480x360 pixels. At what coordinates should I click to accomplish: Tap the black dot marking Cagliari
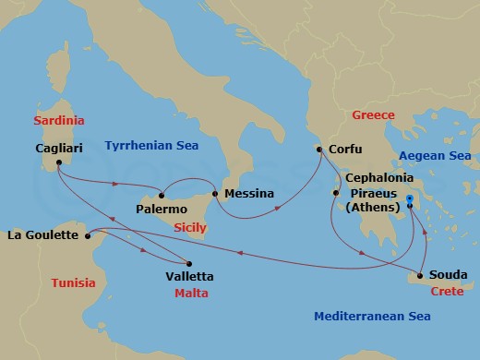point(58,163)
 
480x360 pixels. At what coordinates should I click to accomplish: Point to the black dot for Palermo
point(162,194)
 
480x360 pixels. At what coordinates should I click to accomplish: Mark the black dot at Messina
point(215,194)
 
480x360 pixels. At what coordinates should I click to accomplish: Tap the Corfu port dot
point(319,149)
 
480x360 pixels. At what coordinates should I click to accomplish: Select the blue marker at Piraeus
point(410,198)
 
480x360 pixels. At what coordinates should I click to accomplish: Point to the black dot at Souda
point(421,275)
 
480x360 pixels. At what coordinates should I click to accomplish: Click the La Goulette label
point(42,235)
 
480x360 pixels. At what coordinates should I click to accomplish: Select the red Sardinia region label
point(58,121)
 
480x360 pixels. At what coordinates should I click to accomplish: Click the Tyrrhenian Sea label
point(152,145)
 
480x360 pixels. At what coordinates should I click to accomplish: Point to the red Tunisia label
point(73,282)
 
